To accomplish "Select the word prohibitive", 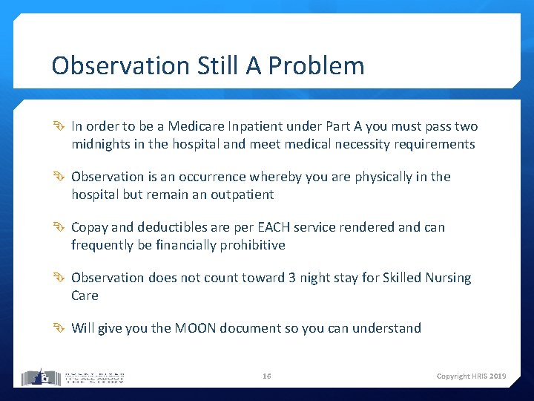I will [249, 245].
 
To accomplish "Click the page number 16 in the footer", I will [267, 376].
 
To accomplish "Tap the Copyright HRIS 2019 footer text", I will [471, 376].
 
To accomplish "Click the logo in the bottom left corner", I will [73, 376].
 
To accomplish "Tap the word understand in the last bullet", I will [386, 328].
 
